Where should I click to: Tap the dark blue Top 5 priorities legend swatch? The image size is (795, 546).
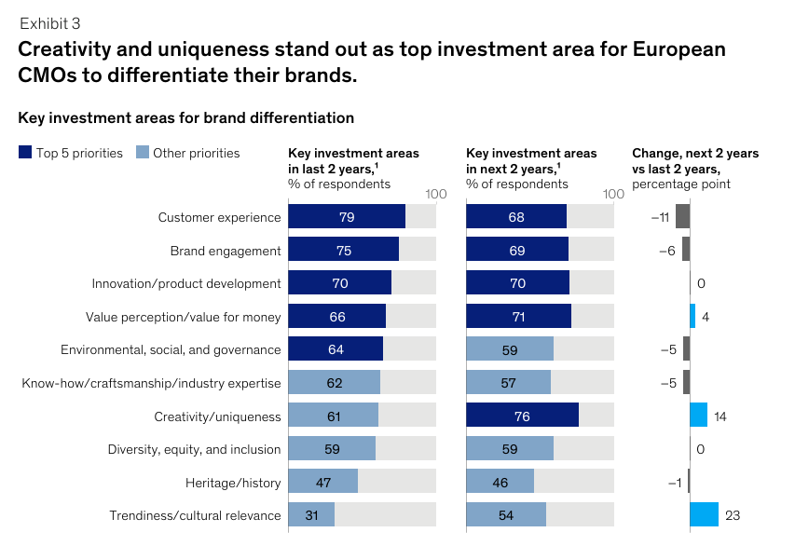(25, 153)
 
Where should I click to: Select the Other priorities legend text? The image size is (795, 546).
(196, 153)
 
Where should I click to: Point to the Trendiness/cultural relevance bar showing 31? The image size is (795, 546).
(311, 514)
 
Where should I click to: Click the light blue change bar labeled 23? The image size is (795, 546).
(704, 514)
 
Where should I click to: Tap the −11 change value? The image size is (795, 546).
(660, 217)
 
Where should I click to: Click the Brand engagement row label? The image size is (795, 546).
(225, 251)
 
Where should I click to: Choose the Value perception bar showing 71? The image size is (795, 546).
(518, 317)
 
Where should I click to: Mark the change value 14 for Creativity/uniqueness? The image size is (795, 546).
(720, 416)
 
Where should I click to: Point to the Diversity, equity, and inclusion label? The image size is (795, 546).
(194, 449)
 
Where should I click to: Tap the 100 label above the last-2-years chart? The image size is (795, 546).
(436, 194)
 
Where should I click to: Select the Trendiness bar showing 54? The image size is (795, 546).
(505, 514)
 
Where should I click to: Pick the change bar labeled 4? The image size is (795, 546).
(692, 317)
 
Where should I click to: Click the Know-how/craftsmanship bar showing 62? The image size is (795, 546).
(334, 382)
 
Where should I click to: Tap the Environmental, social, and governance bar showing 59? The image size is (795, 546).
(509, 349)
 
